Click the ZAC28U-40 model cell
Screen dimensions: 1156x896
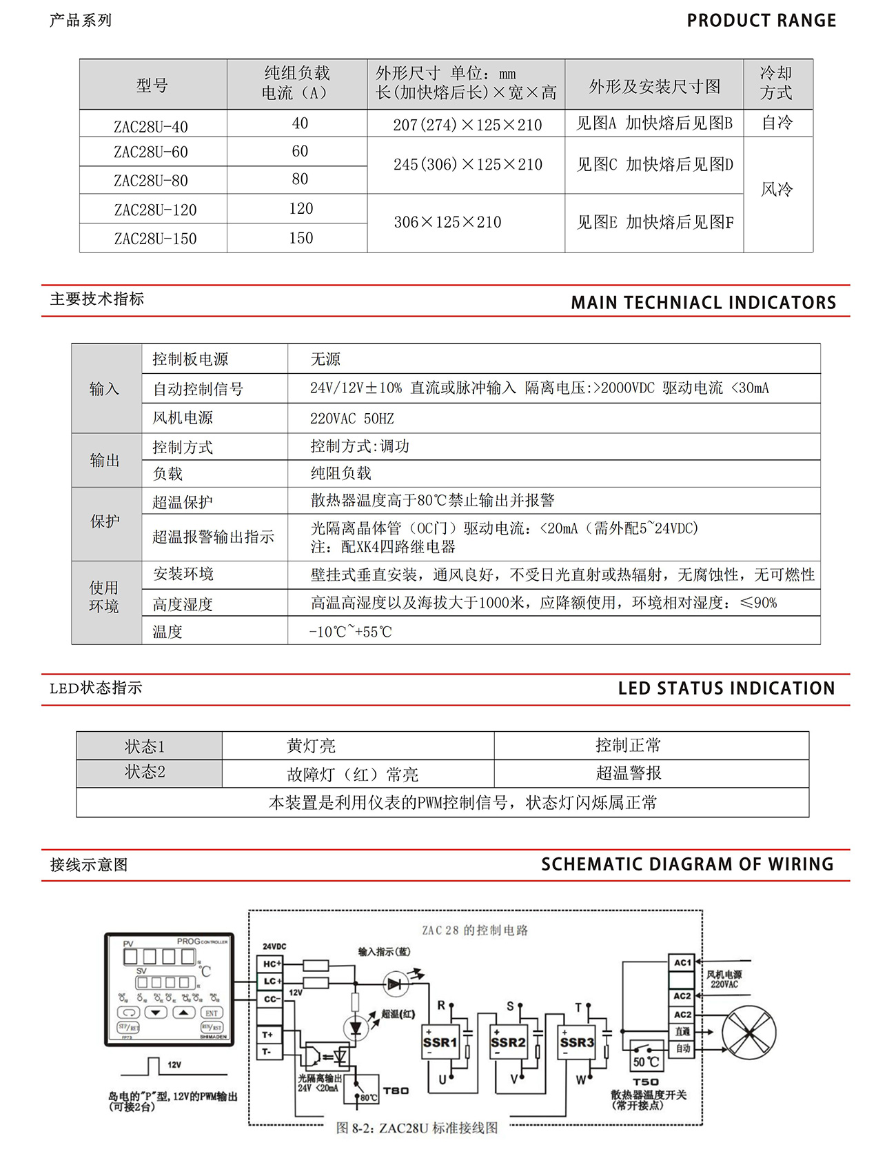pos(151,126)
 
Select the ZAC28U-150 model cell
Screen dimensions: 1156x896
pos(155,239)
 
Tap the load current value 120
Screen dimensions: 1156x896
pos(301,208)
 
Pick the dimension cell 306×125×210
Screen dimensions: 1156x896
pos(447,222)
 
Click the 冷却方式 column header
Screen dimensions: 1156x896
pos(776,83)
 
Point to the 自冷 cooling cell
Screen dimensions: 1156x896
pos(777,123)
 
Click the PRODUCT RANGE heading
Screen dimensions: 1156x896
pos(761,21)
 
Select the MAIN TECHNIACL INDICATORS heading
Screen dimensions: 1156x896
pos(703,303)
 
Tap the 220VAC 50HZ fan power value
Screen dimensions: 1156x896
pos(352,419)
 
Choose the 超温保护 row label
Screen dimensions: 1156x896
pos(183,502)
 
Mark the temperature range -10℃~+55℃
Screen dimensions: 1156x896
pos(350,632)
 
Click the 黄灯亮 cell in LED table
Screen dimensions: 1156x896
pos(311,746)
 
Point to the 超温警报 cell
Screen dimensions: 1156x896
pos(628,773)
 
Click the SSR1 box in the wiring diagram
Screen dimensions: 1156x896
pos(440,1042)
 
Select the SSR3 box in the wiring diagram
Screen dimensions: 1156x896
pos(577,1042)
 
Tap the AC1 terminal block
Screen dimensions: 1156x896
pos(682,962)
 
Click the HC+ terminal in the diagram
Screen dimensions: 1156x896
pos(271,964)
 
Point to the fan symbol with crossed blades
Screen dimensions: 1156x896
pos(749,1033)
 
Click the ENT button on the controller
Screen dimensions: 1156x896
pos(211,1013)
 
